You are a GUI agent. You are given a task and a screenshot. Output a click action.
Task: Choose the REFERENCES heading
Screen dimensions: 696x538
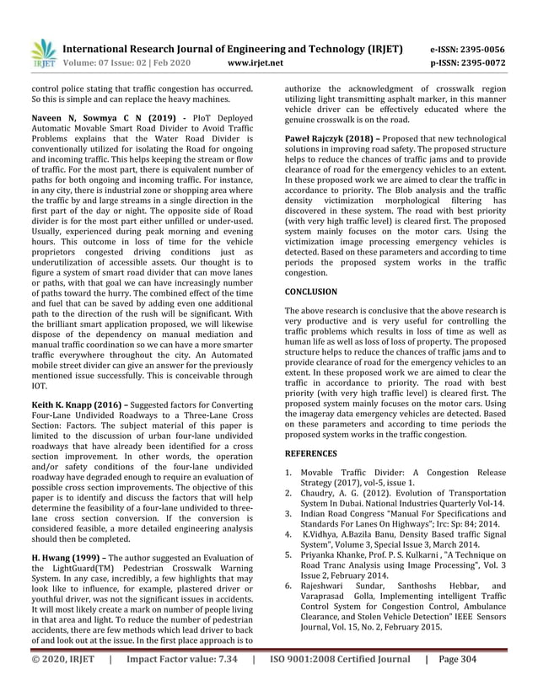click(311, 453)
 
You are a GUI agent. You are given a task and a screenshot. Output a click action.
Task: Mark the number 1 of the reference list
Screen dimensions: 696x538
click(288, 474)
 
